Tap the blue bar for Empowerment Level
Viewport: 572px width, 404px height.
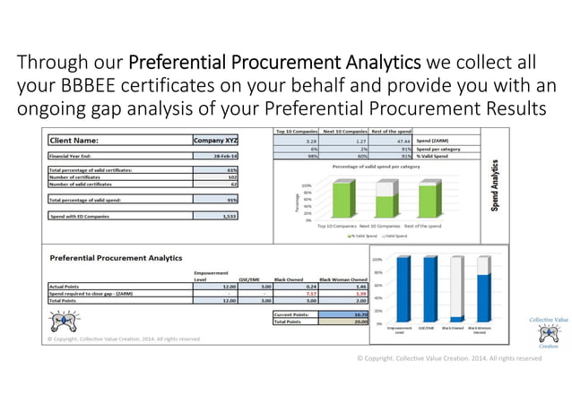(x=404, y=288)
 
